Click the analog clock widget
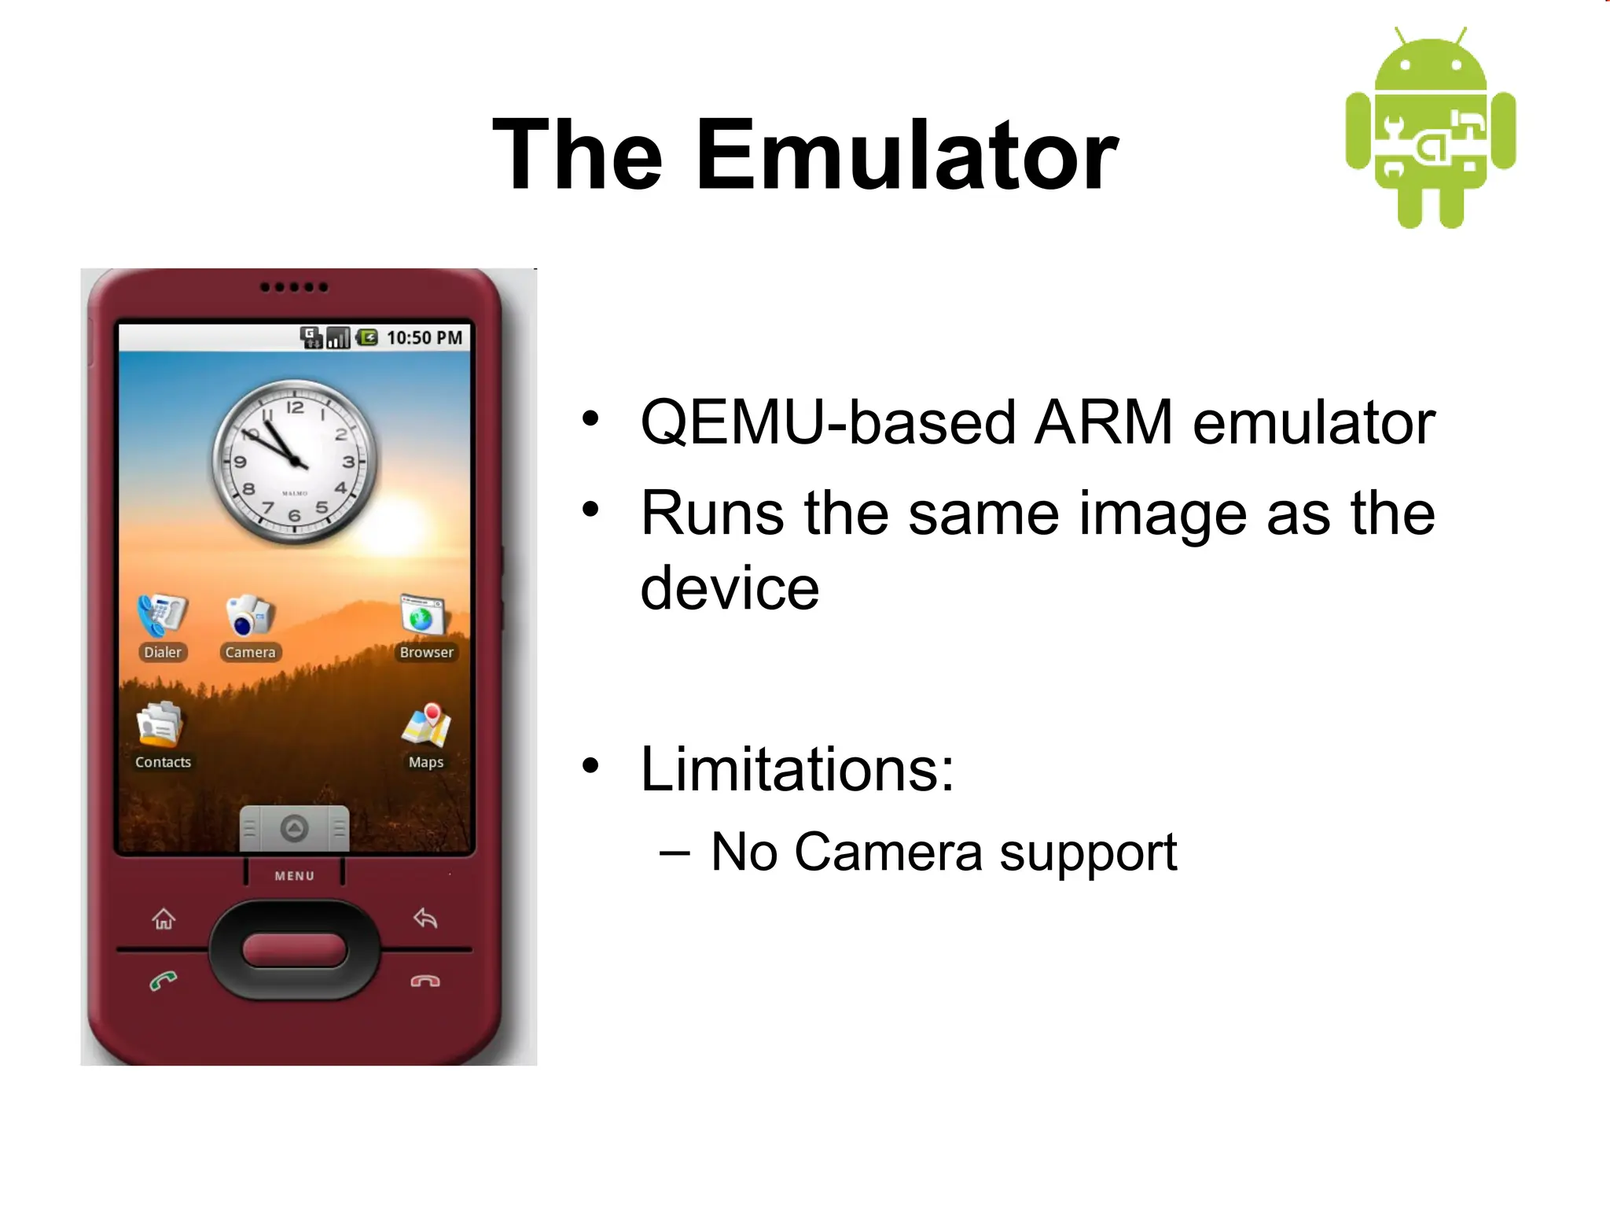[295, 462]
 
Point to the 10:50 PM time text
[425, 337]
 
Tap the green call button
[164, 981]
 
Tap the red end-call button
[425, 981]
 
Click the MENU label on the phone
[295, 875]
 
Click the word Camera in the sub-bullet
[888, 852]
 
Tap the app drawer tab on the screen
[295, 828]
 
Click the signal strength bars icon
[338, 338]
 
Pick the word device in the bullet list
[730, 587]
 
